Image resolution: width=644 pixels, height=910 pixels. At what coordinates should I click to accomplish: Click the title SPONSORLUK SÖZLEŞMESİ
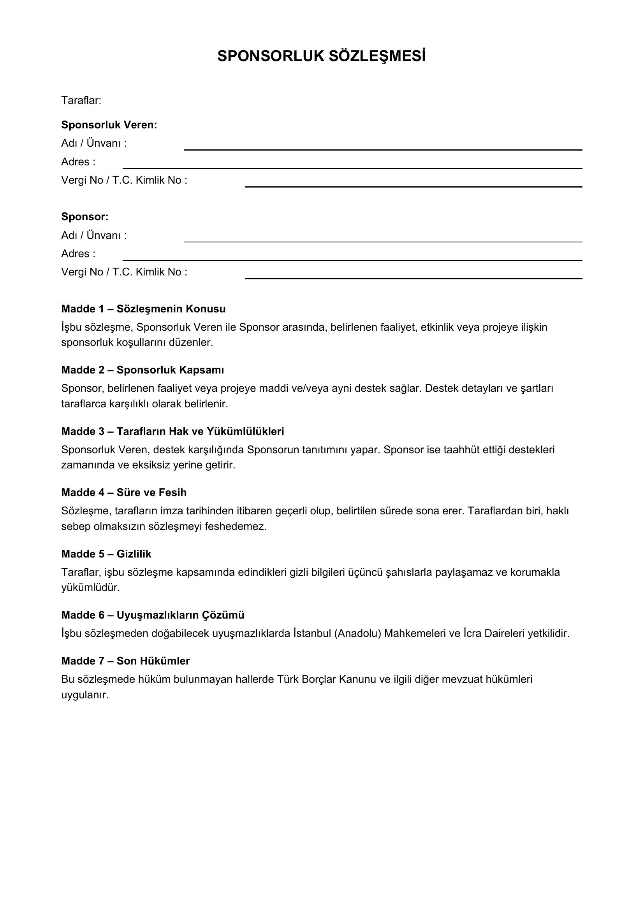tap(321, 57)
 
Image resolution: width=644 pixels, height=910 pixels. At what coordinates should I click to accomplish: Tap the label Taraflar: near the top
tap(81, 101)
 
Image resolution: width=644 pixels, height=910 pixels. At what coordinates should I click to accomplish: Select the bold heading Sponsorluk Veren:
tap(109, 125)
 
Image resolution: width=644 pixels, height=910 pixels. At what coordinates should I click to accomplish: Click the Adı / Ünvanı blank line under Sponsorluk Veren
tap(383, 149)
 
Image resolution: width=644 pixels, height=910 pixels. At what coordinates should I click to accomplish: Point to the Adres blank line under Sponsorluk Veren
tap(352, 168)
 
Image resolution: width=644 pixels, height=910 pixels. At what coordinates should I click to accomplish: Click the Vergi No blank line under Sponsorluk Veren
tap(413, 186)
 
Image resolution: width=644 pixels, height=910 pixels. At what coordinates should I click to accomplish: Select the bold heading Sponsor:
tap(85, 217)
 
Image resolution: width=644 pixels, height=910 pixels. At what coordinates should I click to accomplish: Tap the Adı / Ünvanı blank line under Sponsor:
tap(383, 241)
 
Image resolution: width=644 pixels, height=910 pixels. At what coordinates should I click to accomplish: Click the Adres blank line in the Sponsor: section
tap(352, 259)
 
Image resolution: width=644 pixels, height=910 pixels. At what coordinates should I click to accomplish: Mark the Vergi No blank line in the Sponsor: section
tap(413, 278)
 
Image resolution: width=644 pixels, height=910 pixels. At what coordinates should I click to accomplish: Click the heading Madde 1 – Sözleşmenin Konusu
tap(143, 309)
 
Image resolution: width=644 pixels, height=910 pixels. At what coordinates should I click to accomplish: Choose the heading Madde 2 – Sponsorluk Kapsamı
tap(143, 370)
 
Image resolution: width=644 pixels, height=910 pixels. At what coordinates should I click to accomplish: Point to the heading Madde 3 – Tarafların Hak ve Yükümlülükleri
tap(172, 431)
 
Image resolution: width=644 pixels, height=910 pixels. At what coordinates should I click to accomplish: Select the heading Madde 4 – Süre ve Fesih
tap(124, 493)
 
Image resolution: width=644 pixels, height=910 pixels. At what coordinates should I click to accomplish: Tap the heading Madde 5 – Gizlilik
tap(106, 554)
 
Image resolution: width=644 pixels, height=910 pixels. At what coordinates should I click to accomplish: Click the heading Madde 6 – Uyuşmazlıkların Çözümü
tap(153, 615)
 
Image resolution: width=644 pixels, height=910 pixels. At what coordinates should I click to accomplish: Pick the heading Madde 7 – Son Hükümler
tap(125, 661)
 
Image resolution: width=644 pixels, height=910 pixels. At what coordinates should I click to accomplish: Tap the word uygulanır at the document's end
tap(84, 695)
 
